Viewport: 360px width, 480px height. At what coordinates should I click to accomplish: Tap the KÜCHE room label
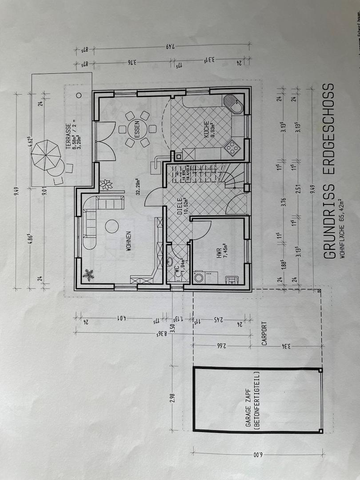[x=207, y=129]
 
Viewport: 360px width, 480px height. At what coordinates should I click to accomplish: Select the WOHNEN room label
[x=128, y=241]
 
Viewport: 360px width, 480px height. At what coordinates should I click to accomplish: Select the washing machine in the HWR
[x=199, y=278]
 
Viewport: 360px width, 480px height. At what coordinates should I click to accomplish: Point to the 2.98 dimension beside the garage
[x=172, y=396]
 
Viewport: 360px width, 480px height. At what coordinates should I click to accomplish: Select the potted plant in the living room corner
[x=88, y=275]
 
